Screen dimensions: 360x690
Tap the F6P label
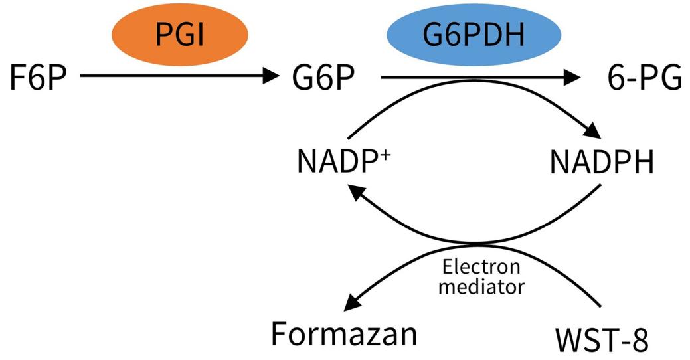(39, 78)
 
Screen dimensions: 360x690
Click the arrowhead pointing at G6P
(272, 77)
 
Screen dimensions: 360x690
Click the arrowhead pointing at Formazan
(351, 304)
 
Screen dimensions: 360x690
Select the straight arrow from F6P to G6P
(173, 77)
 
